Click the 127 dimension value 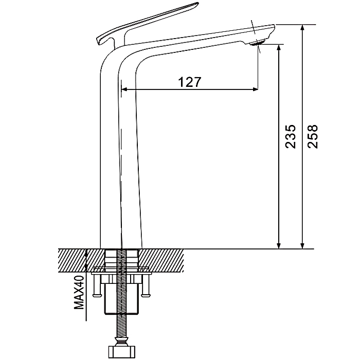click(190, 82)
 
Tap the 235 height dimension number click(290, 136)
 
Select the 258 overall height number click(313, 136)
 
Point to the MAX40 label click(79, 292)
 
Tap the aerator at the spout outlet click(258, 43)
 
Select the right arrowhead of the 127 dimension click(255, 89)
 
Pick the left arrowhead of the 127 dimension click(124, 89)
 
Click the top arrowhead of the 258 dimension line click(302, 28)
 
